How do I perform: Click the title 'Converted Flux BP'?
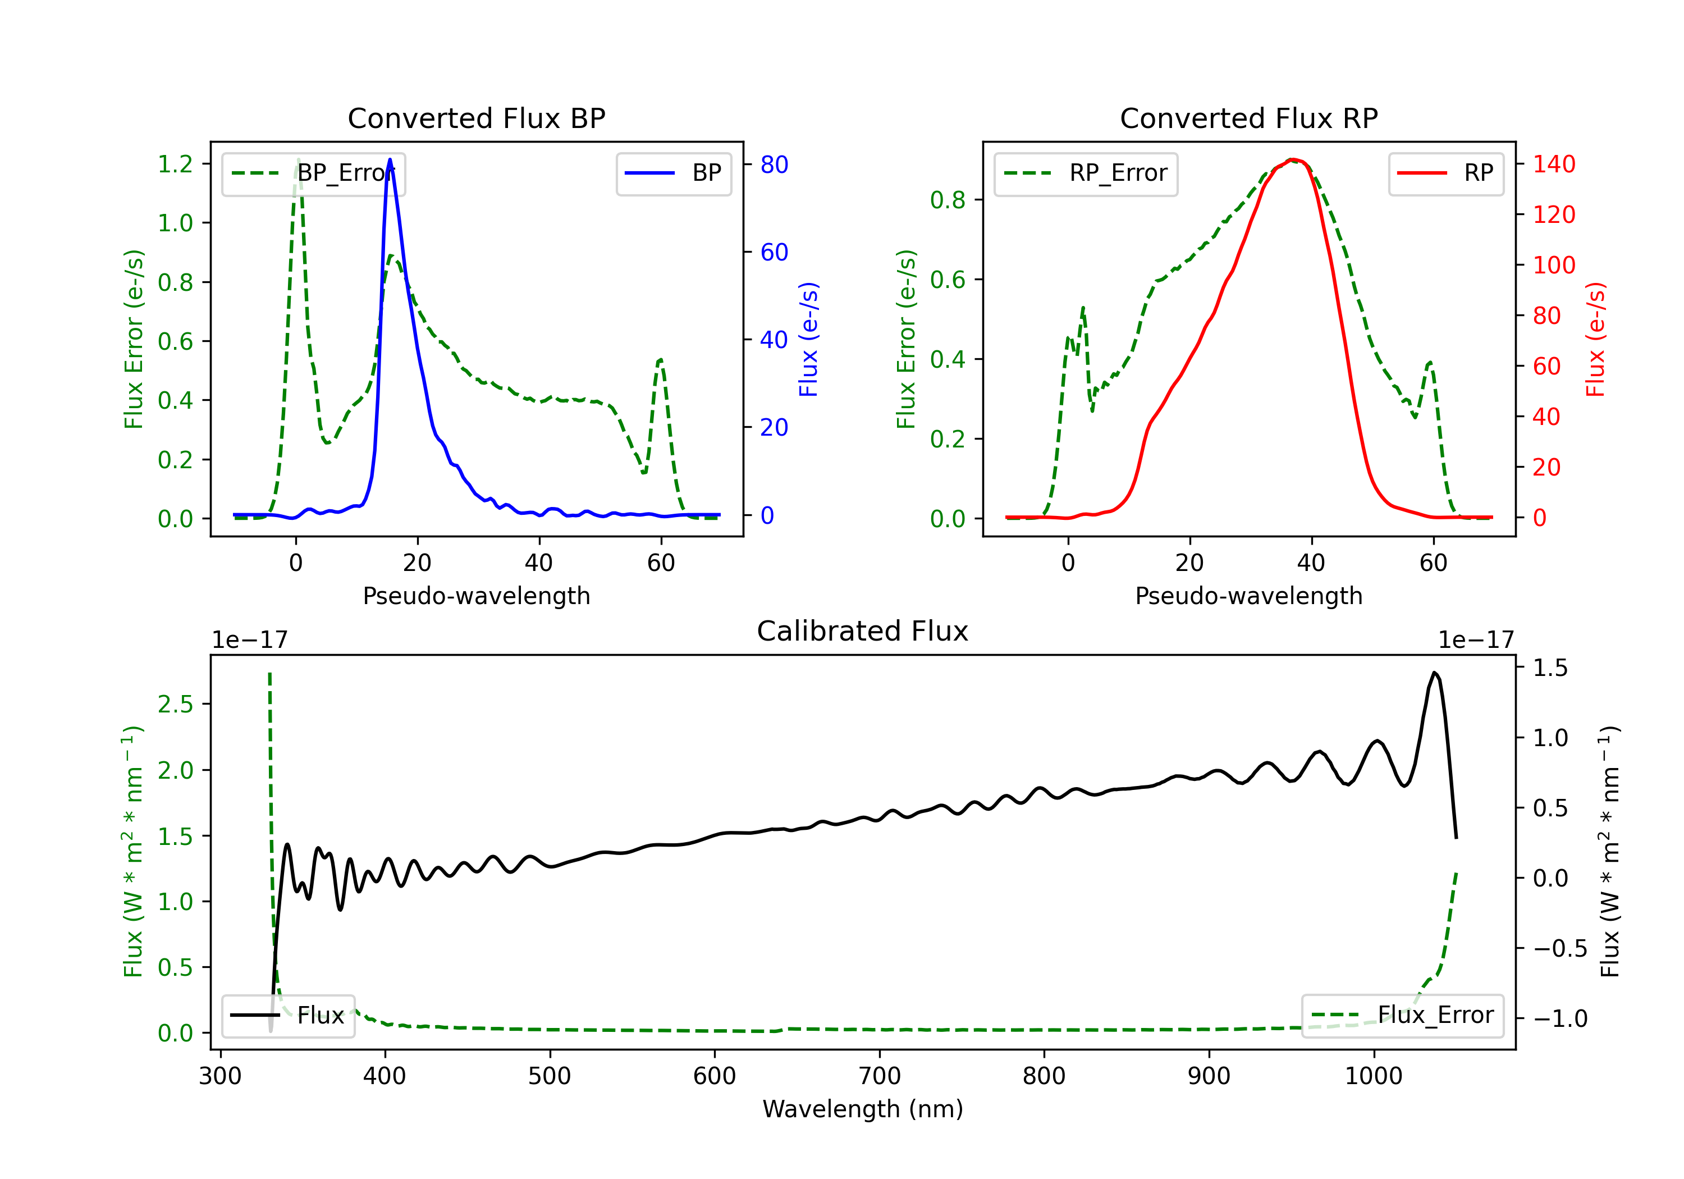coord(476,118)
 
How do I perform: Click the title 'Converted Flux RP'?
coord(1248,118)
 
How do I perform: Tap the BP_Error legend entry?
coord(313,173)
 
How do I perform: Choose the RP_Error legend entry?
coord(1086,173)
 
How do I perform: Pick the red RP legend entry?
coord(1445,173)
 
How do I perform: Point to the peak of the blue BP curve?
coord(390,159)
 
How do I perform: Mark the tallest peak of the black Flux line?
coord(1434,672)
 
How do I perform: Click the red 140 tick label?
coord(1554,164)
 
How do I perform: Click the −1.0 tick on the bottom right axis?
coord(1560,1018)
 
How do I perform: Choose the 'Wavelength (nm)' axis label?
coord(863,1109)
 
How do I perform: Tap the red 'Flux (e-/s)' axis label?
coord(1596,339)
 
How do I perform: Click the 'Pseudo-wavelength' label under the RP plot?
coord(1248,596)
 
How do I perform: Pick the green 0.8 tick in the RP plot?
coord(948,199)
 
